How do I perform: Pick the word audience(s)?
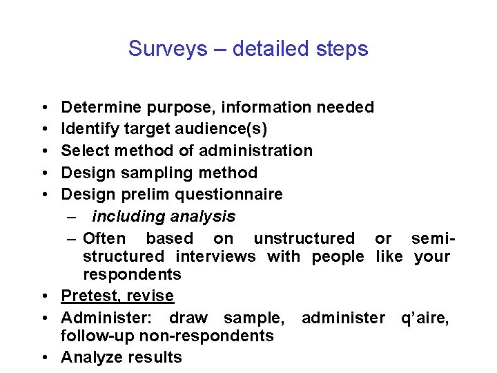click(229, 129)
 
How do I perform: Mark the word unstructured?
click(304, 238)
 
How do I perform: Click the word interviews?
click(215, 256)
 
